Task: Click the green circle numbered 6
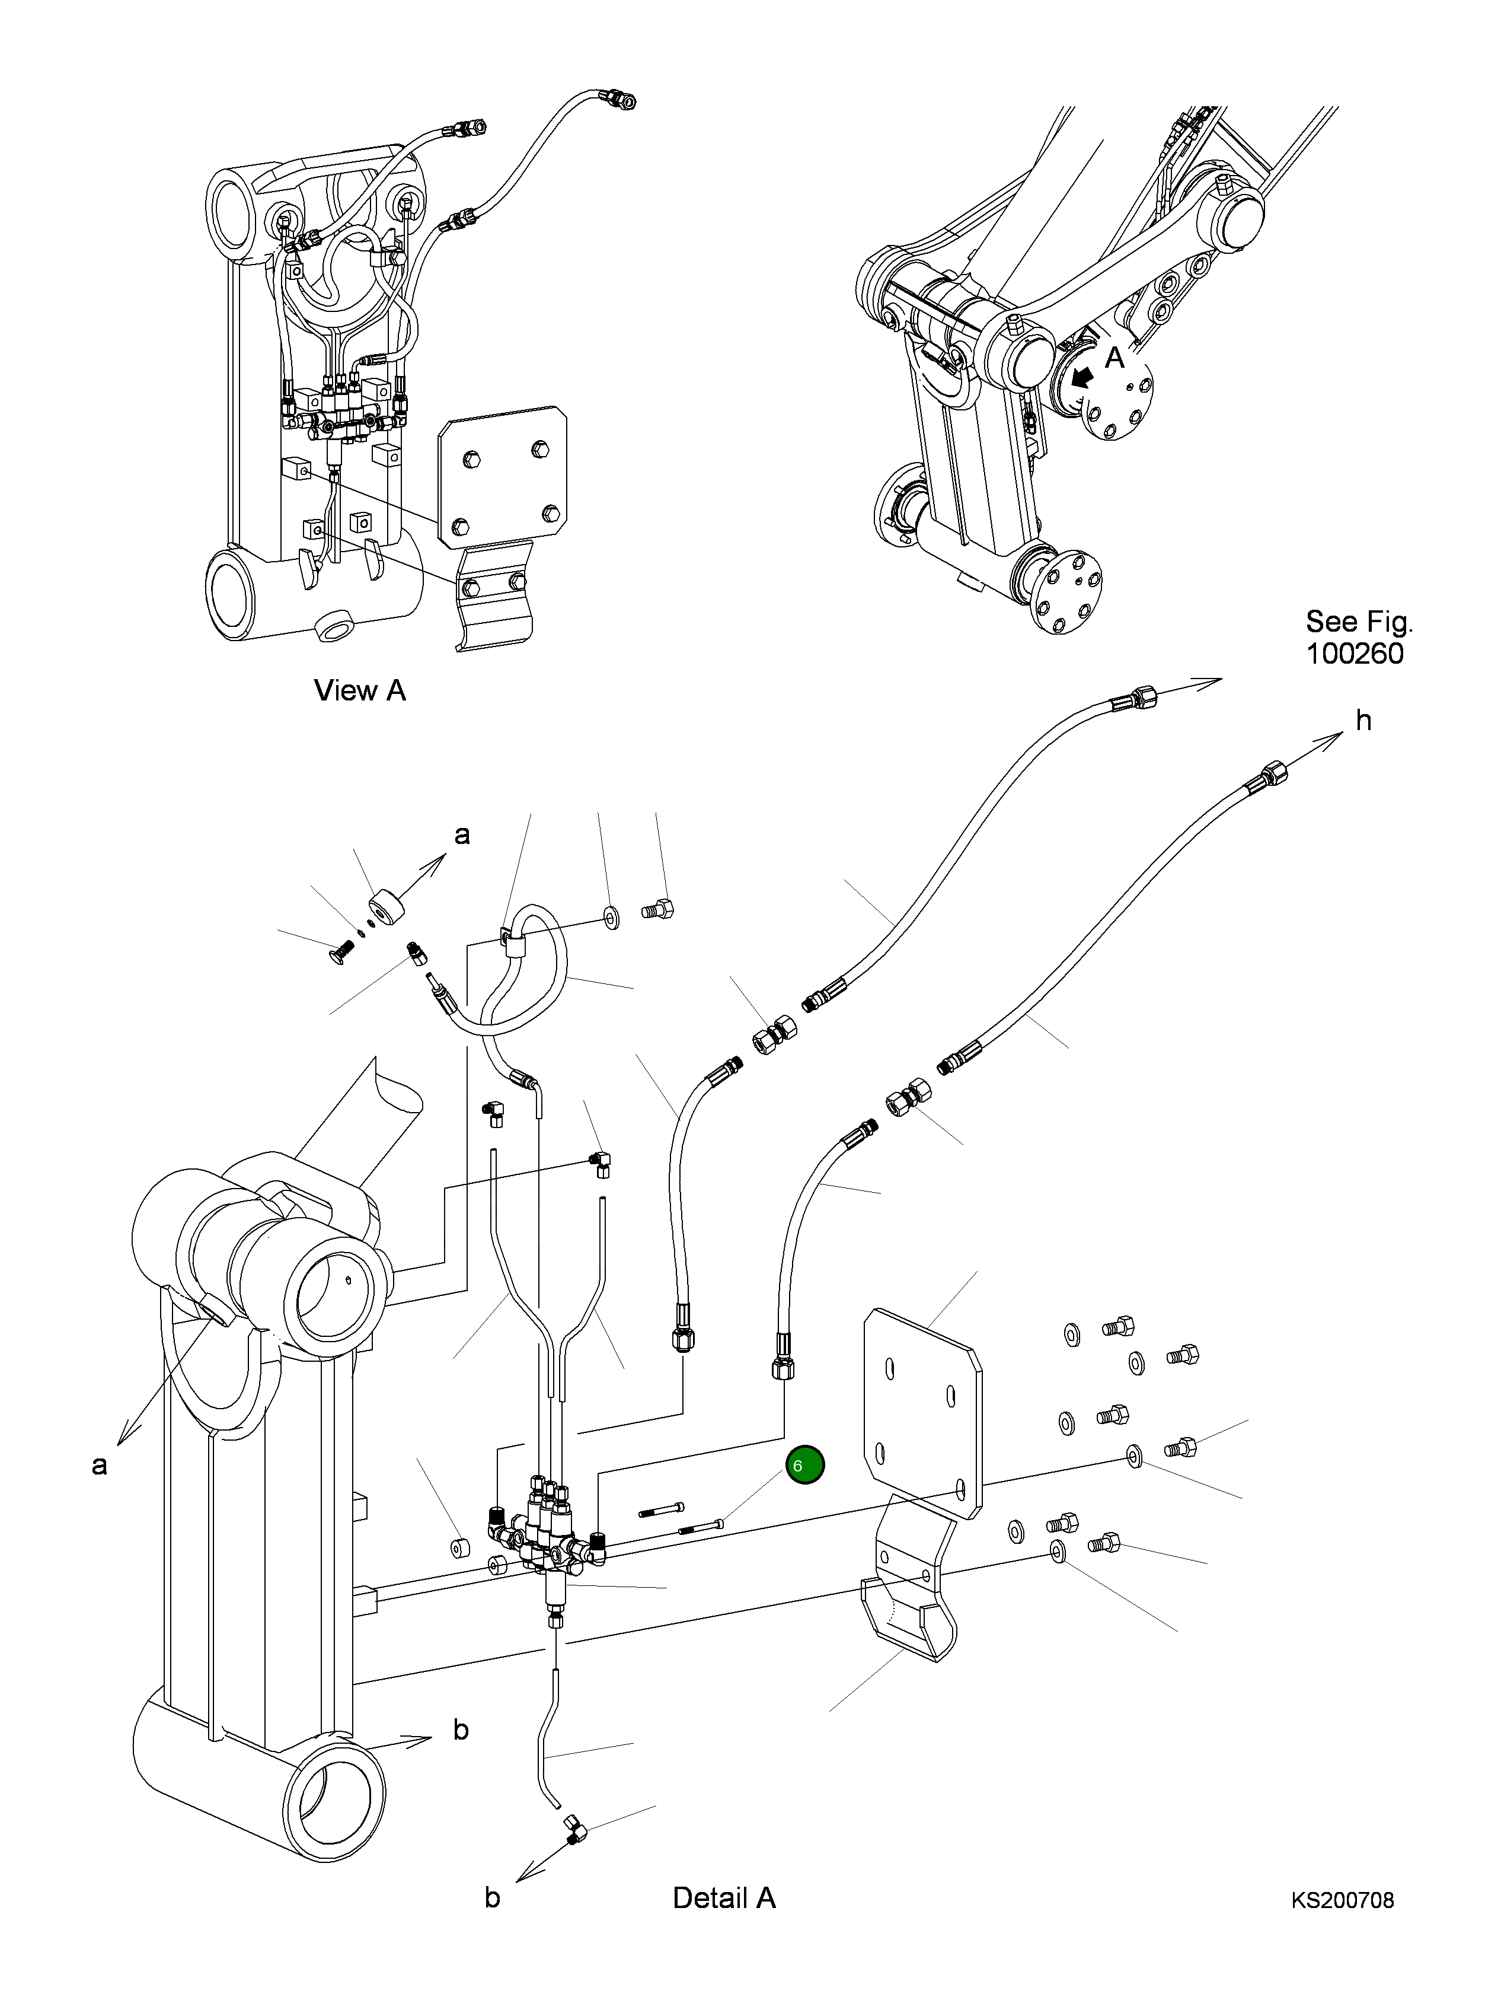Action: [x=804, y=1464]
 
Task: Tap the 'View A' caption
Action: [x=359, y=690]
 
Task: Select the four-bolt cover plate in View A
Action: [x=502, y=475]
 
